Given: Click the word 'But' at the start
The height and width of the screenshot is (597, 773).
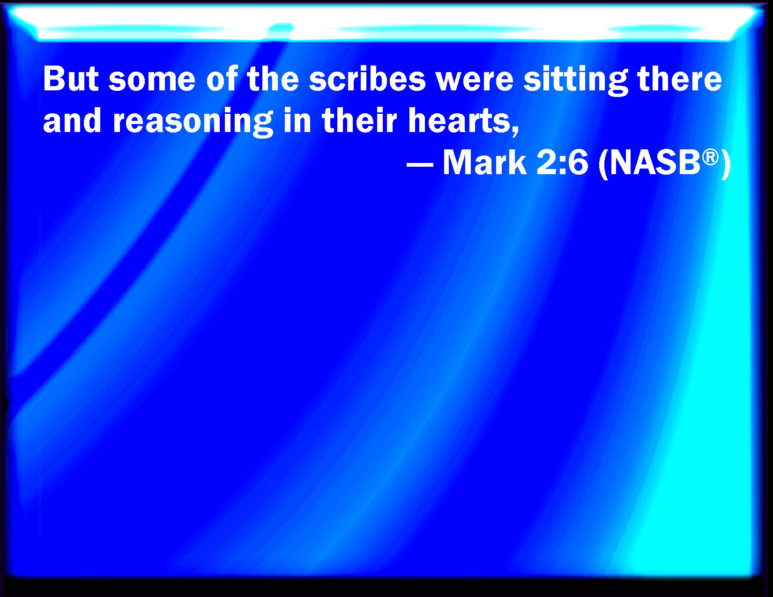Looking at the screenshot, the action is (x=71, y=79).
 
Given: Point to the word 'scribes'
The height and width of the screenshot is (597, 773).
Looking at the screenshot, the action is (x=367, y=79).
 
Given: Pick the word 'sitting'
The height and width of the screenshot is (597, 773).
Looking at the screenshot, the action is (x=575, y=81).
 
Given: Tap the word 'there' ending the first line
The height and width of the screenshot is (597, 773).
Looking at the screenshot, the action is (x=679, y=79).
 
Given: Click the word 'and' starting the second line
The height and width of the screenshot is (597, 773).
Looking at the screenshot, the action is (x=72, y=120).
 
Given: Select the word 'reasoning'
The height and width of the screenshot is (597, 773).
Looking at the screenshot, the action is (x=193, y=123).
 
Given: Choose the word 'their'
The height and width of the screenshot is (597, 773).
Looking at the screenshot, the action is (x=359, y=120).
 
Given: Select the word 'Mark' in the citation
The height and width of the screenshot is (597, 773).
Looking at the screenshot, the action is (x=484, y=162).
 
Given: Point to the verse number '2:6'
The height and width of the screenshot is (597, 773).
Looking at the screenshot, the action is (x=562, y=162).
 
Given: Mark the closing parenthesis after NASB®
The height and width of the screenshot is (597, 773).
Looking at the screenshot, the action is (x=726, y=164).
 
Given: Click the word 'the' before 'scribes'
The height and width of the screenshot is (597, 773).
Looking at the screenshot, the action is (x=273, y=79).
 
